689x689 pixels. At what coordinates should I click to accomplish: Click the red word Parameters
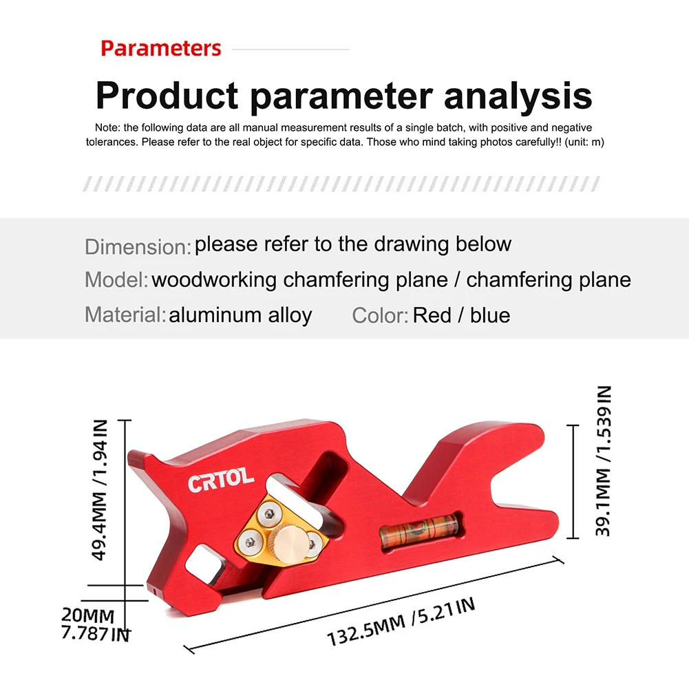pos(161,48)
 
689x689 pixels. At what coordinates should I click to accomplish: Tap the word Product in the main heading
pos(167,96)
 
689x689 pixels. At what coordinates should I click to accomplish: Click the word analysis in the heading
pos(518,96)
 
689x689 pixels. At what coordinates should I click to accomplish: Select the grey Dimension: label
pos(138,246)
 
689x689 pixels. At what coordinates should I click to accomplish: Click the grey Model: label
pos(116,279)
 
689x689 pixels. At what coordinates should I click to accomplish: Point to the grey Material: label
pos(125,315)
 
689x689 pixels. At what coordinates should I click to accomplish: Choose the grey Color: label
pos(380,315)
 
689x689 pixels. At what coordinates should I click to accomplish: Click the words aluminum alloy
pos(240,315)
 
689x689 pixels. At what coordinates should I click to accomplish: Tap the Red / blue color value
pos(461,315)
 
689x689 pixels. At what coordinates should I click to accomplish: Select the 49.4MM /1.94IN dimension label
pos(99,490)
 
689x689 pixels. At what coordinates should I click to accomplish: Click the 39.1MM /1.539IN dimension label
pos(604,461)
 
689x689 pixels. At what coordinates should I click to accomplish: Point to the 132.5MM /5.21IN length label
pos(401,622)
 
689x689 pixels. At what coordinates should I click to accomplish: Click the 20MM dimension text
pos(88,615)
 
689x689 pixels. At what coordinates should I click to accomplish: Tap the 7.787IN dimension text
pos(96,634)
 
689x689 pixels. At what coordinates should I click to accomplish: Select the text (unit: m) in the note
pos(584,142)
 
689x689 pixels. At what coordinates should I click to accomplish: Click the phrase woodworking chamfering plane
pos(299,279)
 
